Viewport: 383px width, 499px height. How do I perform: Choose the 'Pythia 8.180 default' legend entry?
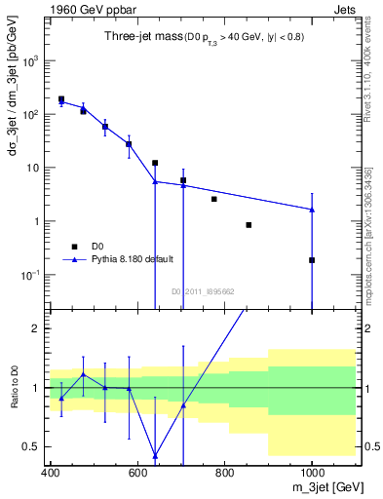click(132, 259)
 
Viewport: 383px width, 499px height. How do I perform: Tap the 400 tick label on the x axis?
click(52, 471)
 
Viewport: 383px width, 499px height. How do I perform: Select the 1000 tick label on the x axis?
click(311, 471)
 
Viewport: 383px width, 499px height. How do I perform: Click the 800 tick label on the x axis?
click(225, 471)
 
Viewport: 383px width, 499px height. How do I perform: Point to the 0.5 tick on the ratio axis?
click(37, 446)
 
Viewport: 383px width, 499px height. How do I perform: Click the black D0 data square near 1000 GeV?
click(312, 260)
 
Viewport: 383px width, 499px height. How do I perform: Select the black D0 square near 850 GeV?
click(249, 225)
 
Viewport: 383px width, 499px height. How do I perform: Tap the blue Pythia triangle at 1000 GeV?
click(312, 210)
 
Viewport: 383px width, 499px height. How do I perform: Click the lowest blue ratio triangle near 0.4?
click(155, 455)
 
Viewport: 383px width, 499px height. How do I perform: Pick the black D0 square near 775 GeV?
click(214, 199)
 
